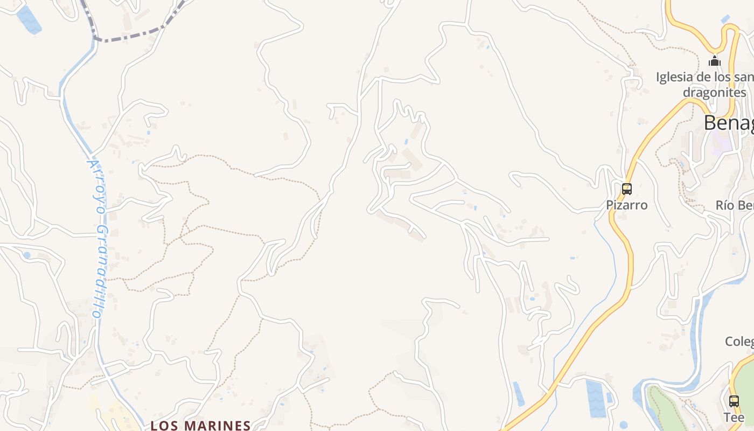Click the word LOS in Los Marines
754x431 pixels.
(x=164, y=426)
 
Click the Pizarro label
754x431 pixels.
(x=627, y=205)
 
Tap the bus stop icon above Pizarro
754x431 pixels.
(x=627, y=189)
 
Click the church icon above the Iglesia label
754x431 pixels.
(x=715, y=61)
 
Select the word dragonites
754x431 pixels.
(x=714, y=92)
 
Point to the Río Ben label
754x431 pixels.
(x=734, y=205)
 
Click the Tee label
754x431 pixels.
(x=734, y=417)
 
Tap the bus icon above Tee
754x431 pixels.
(x=734, y=401)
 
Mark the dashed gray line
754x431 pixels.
(x=129, y=38)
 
